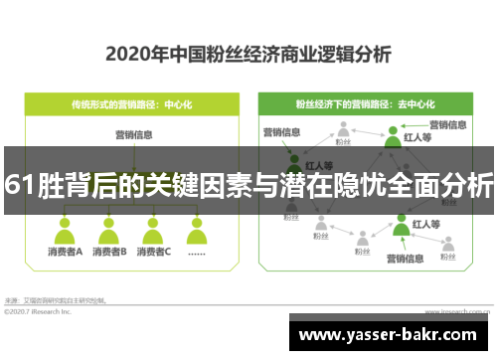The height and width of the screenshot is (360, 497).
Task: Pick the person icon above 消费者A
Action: [65, 232]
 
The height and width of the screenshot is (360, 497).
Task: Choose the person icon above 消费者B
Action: [109, 232]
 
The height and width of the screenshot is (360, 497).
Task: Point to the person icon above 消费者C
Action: [154, 232]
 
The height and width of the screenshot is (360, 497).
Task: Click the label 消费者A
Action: [65, 252]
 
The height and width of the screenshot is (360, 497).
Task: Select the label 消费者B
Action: [109, 252]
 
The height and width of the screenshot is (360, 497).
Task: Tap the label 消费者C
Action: [154, 252]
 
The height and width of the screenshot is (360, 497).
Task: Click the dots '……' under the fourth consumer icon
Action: [197, 252]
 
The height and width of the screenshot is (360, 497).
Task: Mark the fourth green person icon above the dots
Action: [197, 232]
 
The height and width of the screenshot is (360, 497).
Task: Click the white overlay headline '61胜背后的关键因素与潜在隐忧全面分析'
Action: [248, 184]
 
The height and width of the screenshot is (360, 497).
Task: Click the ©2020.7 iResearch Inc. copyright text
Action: [38, 310]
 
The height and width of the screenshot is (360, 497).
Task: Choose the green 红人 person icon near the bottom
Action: [402, 227]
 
